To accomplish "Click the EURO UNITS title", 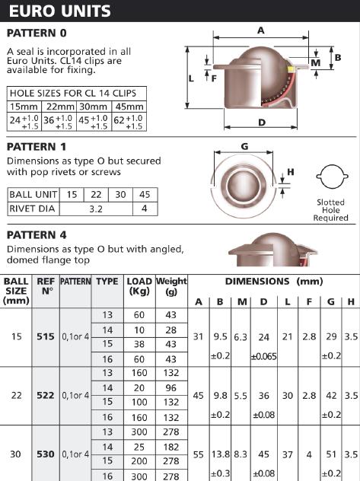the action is click(x=60, y=11).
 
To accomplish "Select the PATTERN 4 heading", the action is click(x=37, y=235).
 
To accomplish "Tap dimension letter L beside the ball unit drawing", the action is click(x=191, y=79).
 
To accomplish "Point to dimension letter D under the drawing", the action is click(x=262, y=123).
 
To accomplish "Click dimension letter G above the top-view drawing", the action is click(x=244, y=146).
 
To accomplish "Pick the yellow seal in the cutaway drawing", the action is click(x=291, y=69).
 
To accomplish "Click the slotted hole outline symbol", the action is click(x=332, y=177).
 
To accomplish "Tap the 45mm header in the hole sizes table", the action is click(x=129, y=107).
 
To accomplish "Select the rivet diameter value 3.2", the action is click(x=96, y=209).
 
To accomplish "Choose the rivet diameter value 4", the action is click(x=145, y=209).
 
